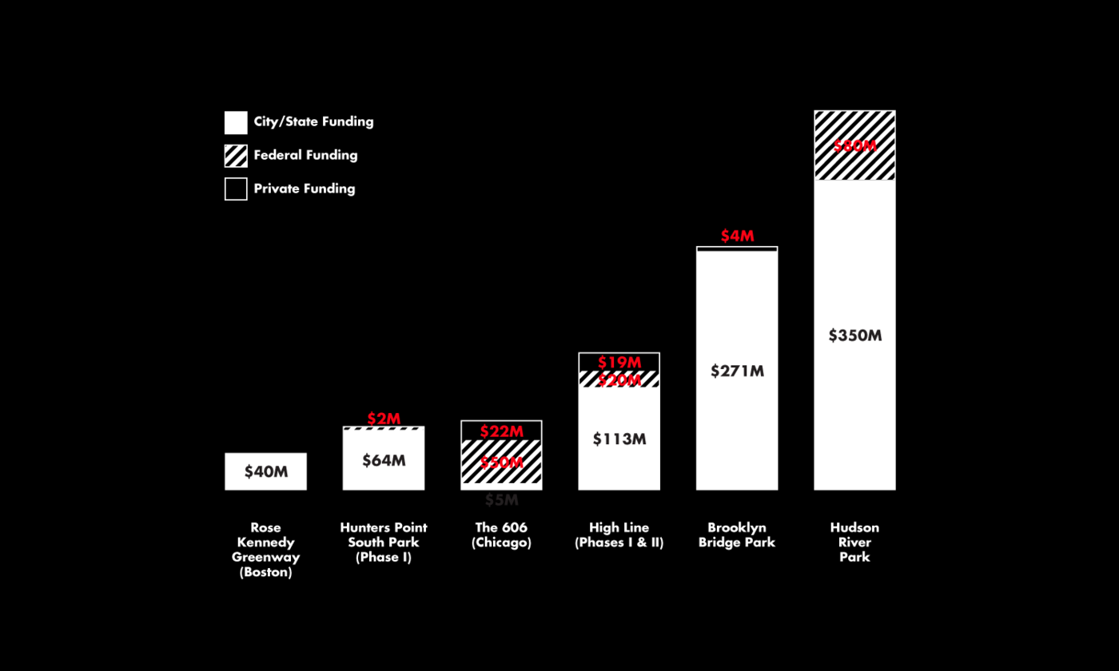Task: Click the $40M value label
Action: (266, 471)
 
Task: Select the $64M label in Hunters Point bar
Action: (384, 460)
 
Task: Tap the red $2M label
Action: (384, 419)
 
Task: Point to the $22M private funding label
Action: (502, 431)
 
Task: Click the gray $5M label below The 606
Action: (502, 501)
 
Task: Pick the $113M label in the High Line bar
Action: (619, 439)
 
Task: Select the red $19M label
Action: (619, 363)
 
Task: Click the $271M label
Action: (737, 371)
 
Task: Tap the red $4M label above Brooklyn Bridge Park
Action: (737, 236)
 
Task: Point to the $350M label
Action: (854, 335)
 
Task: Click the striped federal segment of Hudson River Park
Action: (854, 164)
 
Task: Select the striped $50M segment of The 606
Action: (502, 471)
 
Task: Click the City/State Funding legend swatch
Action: (236, 122)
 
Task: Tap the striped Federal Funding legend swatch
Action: (236, 156)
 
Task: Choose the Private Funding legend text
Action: (305, 189)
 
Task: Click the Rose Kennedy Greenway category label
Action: (266, 550)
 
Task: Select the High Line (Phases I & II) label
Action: (619, 535)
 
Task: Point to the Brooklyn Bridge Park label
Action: (737, 535)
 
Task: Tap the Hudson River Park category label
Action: (854, 542)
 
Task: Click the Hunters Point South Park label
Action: (384, 542)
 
